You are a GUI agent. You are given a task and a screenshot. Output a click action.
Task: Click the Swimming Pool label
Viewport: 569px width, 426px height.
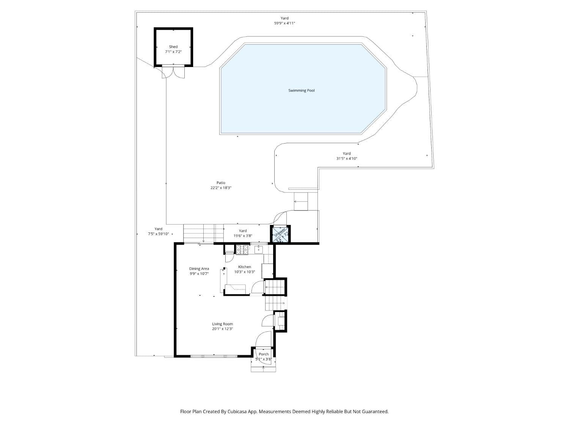[301, 91]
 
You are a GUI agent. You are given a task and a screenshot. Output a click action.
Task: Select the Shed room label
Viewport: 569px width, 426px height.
[173, 47]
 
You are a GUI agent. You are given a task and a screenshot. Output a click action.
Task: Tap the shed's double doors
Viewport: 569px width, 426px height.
[173, 72]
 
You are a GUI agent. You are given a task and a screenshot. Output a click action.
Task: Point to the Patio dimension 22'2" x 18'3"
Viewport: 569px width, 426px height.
[221, 188]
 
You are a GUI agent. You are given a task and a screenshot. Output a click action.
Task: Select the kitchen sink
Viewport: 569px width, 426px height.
[258, 249]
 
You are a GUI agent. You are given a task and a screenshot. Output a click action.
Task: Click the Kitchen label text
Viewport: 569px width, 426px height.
[244, 267]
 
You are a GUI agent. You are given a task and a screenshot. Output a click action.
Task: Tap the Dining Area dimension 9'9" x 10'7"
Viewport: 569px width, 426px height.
[199, 273]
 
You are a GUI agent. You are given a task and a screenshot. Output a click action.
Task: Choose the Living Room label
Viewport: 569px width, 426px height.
[222, 324]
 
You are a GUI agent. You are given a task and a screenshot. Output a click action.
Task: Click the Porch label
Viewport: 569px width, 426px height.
[263, 354]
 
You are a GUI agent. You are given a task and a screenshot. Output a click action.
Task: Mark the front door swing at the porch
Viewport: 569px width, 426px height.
[264, 339]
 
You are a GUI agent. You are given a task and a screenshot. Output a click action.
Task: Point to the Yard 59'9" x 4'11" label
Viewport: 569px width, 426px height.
[284, 23]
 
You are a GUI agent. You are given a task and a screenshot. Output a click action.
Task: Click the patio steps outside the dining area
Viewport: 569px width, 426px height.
[203, 233]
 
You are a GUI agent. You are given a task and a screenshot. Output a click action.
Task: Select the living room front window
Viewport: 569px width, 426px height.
[214, 356]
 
